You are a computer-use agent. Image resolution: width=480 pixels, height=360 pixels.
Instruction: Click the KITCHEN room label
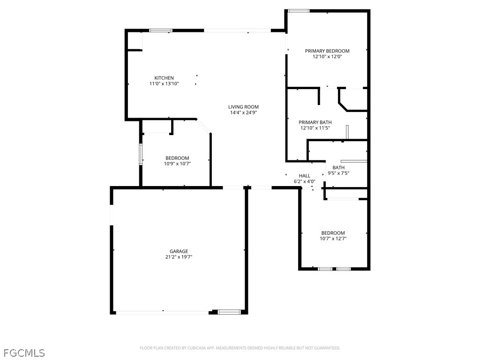click(164, 78)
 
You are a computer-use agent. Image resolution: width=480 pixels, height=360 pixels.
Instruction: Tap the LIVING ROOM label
click(243, 107)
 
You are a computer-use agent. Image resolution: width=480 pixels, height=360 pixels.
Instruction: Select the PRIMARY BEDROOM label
click(327, 51)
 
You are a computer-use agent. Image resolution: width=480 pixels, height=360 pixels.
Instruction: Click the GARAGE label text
click(179, 251)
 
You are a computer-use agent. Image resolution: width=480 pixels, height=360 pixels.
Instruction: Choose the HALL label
click(304, 176)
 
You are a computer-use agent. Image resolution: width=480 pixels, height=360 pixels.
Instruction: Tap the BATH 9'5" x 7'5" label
click(338, 170)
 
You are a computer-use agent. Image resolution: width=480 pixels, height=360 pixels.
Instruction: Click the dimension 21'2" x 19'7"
click(179, 257)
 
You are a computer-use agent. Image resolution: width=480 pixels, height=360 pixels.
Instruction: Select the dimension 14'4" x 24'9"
click(243, 112)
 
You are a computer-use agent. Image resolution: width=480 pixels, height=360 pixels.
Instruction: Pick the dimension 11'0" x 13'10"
click(164, 83)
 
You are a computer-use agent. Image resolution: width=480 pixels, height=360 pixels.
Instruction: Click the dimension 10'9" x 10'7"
click(177, 164)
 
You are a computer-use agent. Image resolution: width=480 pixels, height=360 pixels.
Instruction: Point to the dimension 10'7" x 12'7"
click(333, 239)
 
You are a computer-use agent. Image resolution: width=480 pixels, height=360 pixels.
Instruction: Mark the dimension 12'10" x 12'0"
click(327, 57)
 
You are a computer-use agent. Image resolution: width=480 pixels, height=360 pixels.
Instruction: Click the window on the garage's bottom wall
click(229, 312)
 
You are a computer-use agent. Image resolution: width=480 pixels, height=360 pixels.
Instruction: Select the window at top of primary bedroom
click(298, 11)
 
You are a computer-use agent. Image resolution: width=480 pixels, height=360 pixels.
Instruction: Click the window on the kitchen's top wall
click(160, 30)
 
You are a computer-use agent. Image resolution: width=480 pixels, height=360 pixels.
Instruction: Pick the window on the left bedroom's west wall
click(140, 154)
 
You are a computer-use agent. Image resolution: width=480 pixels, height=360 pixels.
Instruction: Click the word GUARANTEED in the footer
click(326, 348)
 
